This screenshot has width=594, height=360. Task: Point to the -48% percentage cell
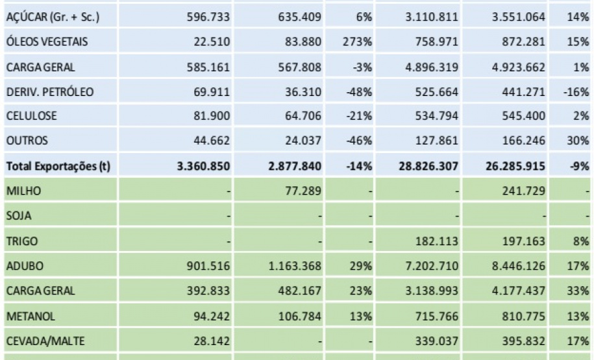[359, 91]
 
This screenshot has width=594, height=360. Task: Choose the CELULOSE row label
[31, 116]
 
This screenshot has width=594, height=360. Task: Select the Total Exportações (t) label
[58, 166]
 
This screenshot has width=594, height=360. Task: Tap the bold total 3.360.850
[203, 166]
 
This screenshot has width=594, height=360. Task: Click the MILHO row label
[24, 191]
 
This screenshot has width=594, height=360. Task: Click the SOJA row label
[18, 216]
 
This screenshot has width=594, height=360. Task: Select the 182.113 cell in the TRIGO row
[436, 241]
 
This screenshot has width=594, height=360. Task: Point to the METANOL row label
[31, 315]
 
